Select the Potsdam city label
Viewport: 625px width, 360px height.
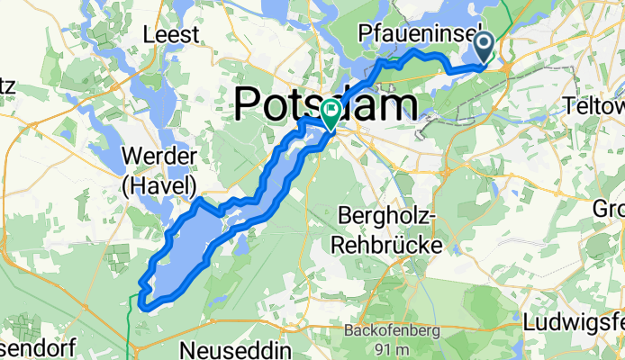[326, 103]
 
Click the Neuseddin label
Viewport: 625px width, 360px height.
[226, 347]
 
